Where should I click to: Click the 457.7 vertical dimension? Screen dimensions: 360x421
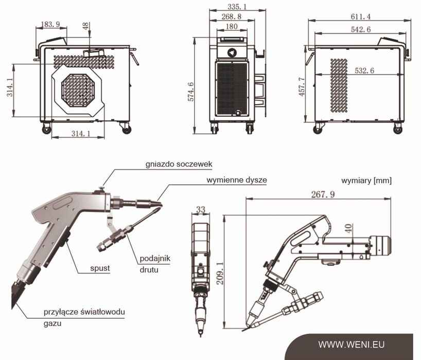302,87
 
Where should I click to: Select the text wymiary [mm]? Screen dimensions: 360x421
366,181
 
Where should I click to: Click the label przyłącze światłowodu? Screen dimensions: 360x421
84,312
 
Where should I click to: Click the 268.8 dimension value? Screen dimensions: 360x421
233,16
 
